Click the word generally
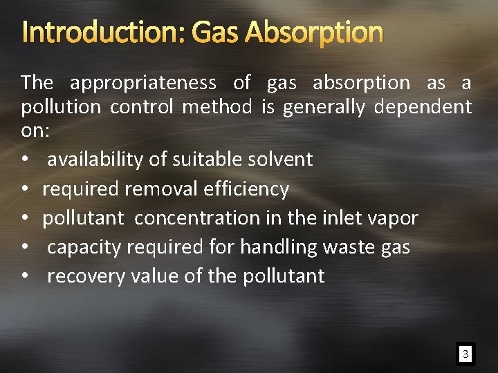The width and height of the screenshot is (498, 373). pos(322,108)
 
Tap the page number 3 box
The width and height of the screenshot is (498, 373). pos(465,355)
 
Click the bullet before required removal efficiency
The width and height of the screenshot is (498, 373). pos(25,189)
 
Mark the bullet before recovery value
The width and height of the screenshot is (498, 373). pos(25,276)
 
